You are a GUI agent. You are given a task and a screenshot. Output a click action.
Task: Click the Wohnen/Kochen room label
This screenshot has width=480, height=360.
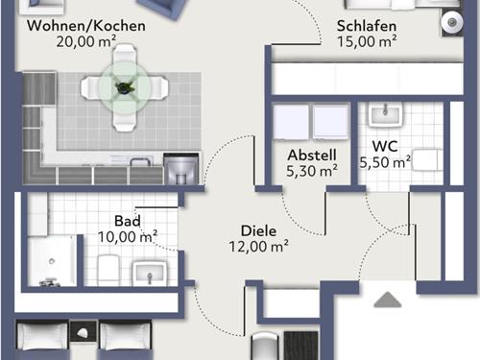pyautogui.click(x=86, y=26)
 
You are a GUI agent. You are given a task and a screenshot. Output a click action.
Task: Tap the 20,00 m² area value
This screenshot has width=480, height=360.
pyautogui.click(x=86, y=41)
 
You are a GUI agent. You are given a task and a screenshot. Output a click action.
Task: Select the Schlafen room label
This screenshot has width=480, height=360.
pyautogui.click(x=367, y=26)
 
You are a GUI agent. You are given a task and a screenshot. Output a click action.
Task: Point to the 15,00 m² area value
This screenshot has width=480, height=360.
pyautogui.click(x=367, y=41)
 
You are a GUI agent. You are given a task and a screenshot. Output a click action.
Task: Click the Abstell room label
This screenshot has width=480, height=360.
pyautogui.click(x=312, y=156)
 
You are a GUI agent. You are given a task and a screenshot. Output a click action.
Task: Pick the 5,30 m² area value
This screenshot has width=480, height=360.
pyautogui.click(x=312, y=171)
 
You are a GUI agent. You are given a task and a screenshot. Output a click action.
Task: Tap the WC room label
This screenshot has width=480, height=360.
pyautogui.click(x=385, y=146)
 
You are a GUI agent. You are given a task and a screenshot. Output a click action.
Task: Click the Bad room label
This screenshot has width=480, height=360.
pyautogui.click(x=128, y=221)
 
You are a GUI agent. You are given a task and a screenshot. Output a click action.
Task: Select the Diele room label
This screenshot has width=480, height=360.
pyautogui.click(x=258, y=231)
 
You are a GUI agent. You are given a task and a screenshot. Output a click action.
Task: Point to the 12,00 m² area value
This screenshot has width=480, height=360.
pyautogui.click(x=258, y=247)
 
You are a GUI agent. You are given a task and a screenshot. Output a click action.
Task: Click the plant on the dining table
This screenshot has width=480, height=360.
pyautogui.click(x=124, y=87)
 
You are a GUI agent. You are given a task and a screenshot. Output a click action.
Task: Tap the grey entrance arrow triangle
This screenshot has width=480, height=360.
pyautogui.click(x=388, y=300)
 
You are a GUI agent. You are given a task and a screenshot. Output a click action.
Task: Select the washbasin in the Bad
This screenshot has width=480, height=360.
pyautogui.click(x=150, y=273)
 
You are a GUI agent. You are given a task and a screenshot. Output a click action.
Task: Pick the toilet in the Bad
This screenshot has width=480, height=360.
pyautogui.click(x=108, y=269)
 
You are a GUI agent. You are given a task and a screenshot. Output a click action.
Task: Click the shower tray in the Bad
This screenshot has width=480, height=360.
pyautogui.click(x=52, y=261)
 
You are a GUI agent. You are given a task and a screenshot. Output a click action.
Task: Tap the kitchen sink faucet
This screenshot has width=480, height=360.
pyautogui.click(x=140, y=161)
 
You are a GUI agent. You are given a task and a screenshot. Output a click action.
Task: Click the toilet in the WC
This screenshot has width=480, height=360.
pyautogui.click(x=427, y=159)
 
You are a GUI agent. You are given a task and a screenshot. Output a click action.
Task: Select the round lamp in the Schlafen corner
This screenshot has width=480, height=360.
pyautogui.click(x=452, y=22)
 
